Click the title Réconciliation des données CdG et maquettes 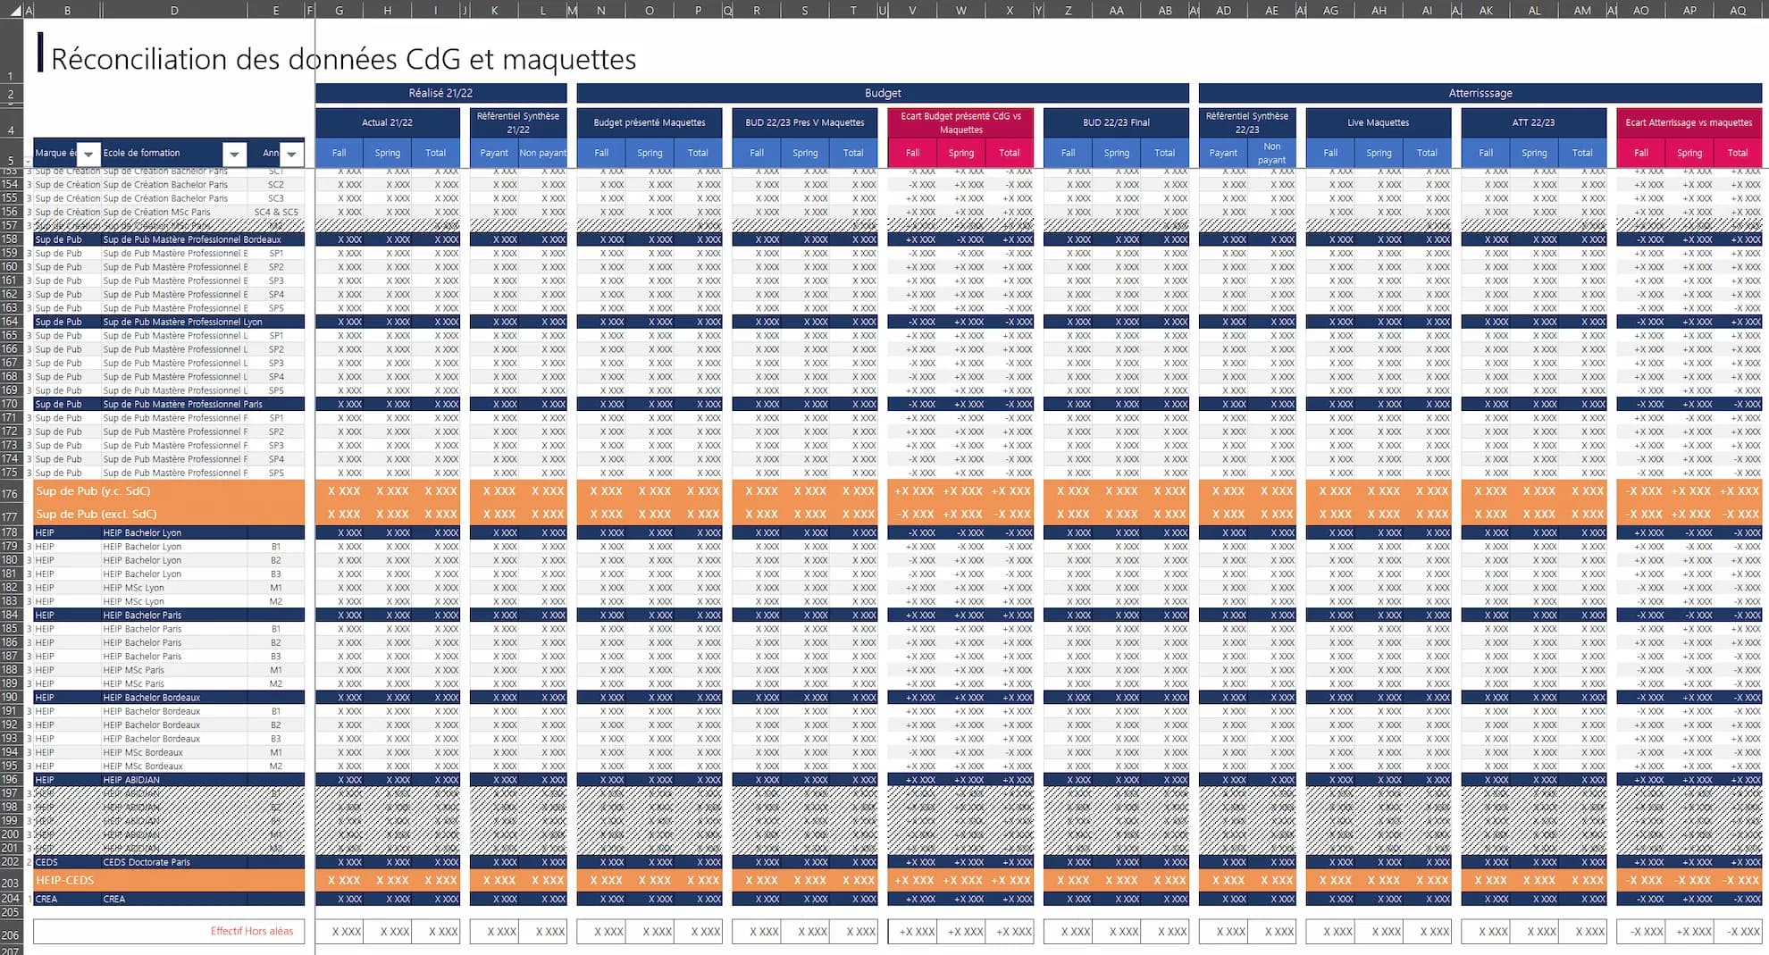343,59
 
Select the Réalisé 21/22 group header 440,93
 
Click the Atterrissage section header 1480,93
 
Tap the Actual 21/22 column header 387,122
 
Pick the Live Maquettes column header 1378,122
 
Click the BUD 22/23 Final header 1115,122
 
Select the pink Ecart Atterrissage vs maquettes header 1688,122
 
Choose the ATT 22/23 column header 1533,122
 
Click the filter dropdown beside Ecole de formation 234,154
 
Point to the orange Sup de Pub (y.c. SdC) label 93,491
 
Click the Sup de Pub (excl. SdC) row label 96,515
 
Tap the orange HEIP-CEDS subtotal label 65,881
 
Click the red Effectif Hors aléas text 252,931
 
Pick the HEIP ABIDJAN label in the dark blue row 131,780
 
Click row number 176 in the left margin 10,494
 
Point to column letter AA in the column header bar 1116,11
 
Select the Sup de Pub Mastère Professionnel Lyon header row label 182,322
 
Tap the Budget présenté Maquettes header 649,122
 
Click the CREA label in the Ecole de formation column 114,899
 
